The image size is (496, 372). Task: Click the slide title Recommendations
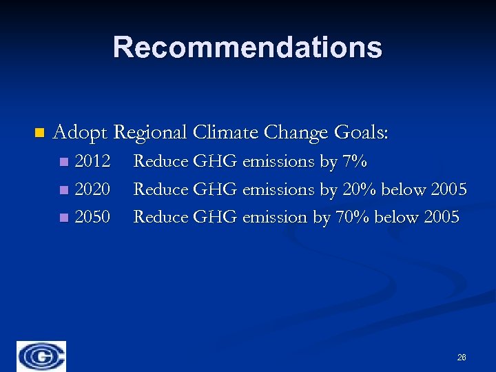[247, 48]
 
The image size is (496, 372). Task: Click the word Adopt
[81, 132]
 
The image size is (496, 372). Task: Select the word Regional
[151, 132]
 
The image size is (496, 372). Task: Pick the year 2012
[92, 162]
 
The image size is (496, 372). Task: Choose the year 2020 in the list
[92, 189]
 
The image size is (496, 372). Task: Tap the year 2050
[92, 217]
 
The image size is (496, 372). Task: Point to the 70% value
[351, 217]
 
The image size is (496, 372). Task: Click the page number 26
[462, 358]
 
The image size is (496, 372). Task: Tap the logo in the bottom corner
[41, 356]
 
